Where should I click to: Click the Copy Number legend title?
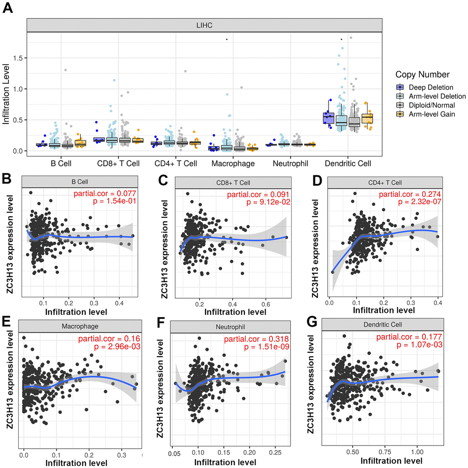(422, 75)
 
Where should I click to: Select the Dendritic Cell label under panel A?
(347, 163)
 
